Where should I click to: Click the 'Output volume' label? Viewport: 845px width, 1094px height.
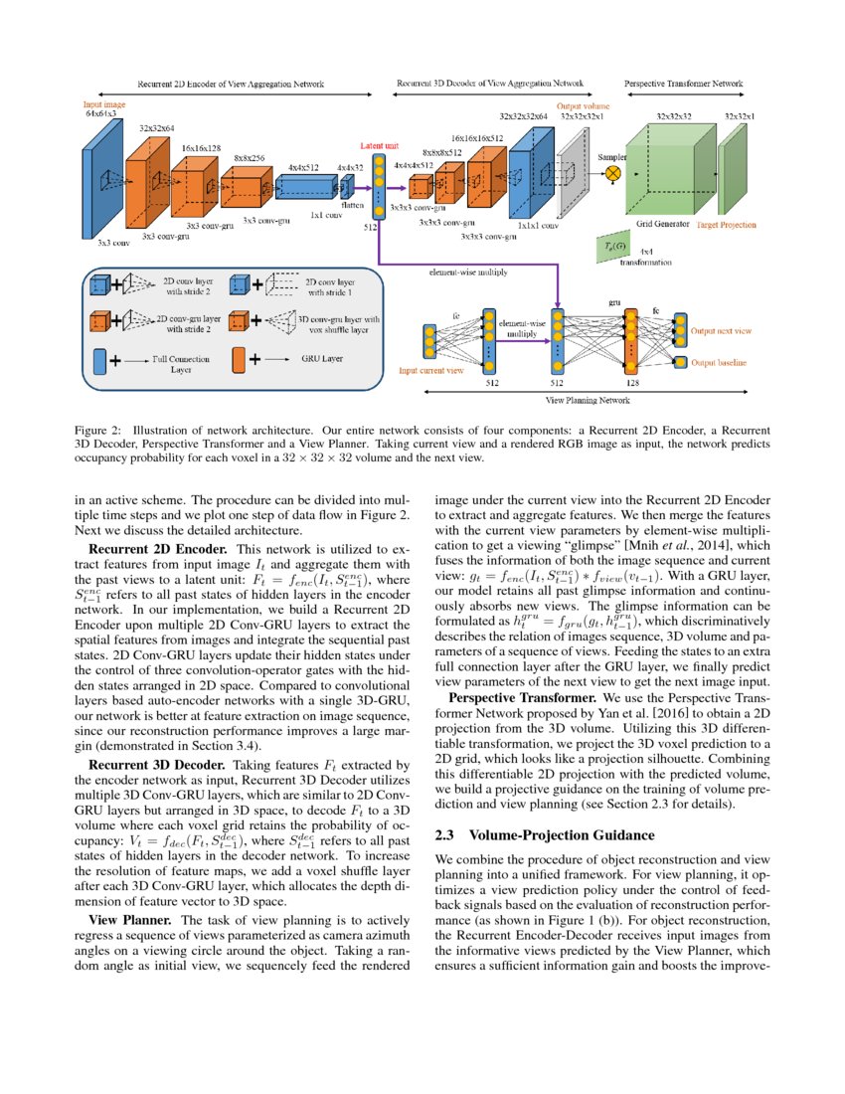582,105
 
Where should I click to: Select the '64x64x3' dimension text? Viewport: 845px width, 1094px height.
100,114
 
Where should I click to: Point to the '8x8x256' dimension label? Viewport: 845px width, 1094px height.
250,157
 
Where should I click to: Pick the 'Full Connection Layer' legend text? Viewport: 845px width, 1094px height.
181,364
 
